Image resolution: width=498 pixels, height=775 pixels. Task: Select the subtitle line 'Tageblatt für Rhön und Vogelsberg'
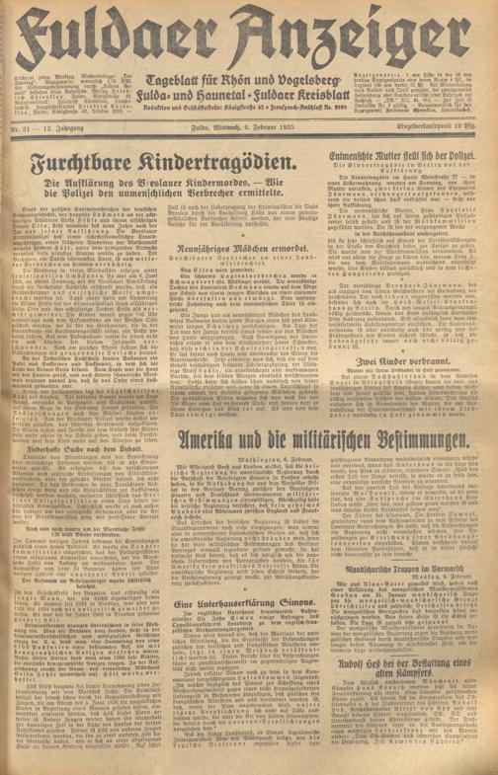pos(247,76)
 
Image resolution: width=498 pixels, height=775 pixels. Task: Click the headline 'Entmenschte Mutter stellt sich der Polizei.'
pos(417,158)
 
